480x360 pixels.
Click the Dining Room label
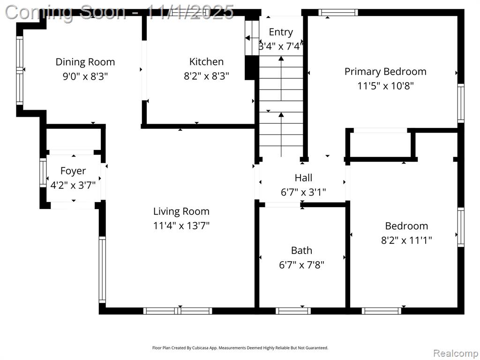tap(85, 62)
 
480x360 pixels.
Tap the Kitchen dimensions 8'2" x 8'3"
tap(206, 76)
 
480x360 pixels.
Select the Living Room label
tap(181, 211)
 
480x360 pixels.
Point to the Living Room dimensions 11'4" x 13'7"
tap(181, 226)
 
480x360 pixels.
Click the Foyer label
tap(73, 171)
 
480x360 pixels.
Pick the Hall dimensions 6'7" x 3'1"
tap(303, 192)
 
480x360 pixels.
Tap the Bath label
tap(301, 250)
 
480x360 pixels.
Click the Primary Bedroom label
tap(385, 72)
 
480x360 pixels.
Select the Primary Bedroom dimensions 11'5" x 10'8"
tap(385, 86)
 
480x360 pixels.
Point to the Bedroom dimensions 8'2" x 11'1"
tap(406, 240)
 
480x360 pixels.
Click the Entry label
tap(281, 32)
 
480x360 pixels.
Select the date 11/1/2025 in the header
tap(190, 12)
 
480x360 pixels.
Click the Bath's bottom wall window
tap(293, 311)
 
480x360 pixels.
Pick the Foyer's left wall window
tap(43, 173)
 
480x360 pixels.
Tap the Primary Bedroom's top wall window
tap(338, 12)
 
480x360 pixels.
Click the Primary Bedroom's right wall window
tap(461, 103)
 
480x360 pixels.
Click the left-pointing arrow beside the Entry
tap(248, 38)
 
